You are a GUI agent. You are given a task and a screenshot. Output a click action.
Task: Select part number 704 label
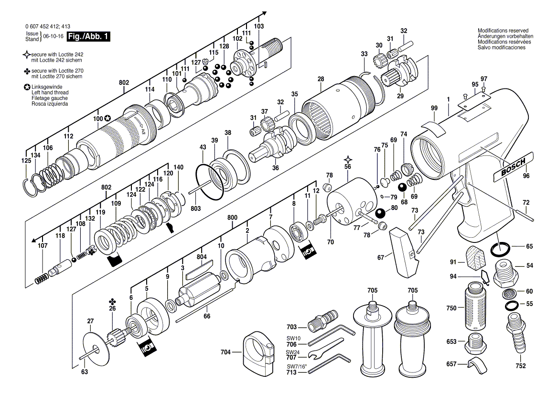225,352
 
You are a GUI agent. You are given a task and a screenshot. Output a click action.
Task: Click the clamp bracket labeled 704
257,353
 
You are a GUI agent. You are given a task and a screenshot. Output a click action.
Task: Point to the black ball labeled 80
380,213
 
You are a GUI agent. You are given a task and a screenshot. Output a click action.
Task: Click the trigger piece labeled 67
402,252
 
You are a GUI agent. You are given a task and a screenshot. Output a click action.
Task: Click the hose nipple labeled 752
516,333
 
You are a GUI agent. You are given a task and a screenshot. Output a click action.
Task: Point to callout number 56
348,167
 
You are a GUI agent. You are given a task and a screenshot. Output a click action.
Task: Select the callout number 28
321,79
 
